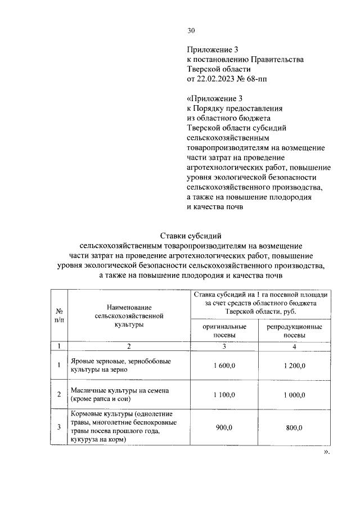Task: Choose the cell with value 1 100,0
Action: pyautogui.click(x=224, y=395)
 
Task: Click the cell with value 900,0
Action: pyautogui.click(x=224, y=427)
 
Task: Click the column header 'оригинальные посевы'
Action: pyautogui.click(x=224, y=330)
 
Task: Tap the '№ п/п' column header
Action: pyautogui.click(x=58, y=315)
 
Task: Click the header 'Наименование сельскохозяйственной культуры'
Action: pyautogui.click(x=129, y=315)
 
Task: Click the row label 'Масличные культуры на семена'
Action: pyautogui.click(x=120, y=395)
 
